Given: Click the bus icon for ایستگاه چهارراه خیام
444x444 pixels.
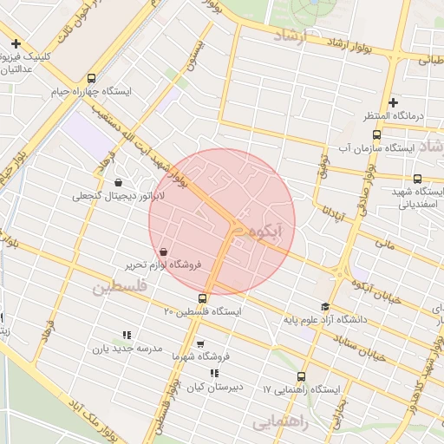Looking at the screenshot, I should coord(92,78).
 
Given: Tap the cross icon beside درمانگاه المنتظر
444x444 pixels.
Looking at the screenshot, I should coord(393,102).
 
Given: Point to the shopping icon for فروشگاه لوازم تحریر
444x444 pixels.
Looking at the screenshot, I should coord(164,251).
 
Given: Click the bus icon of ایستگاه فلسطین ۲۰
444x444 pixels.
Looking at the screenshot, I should coord(203,298).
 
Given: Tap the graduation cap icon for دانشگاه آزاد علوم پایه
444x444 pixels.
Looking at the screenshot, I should coord(325,307).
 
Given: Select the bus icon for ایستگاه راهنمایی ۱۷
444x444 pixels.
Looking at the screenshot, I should coord(301,377).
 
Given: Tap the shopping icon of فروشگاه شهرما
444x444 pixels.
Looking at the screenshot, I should coord(200,343).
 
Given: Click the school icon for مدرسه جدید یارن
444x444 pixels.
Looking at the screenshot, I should coord(126,335).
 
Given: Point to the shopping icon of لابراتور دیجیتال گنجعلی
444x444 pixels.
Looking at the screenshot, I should coord(118,182).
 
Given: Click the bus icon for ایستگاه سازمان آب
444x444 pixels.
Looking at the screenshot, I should coord(375,134).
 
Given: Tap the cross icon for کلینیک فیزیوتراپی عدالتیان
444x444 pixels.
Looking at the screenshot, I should coord(16,44).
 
